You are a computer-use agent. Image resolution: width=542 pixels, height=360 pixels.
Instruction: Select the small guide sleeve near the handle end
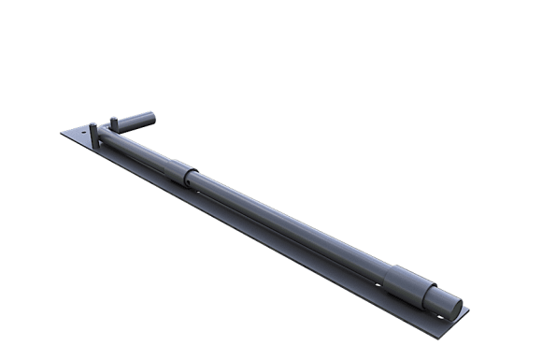click(180, 173)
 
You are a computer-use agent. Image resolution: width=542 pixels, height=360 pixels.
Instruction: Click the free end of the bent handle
click(149, 119)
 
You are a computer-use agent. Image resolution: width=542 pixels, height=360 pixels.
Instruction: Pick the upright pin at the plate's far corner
click(93, 133)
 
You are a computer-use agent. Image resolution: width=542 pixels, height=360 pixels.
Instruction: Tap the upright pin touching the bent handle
click(113, 123)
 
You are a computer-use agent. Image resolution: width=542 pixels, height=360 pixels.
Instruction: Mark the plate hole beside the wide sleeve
click(379, 281)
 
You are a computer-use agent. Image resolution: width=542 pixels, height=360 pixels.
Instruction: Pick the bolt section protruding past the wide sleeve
click(439, 297)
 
